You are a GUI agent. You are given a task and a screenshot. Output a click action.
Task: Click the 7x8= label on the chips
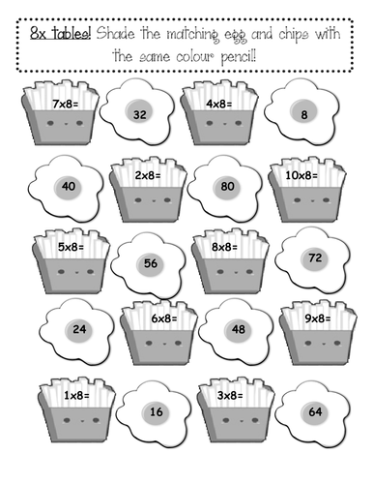[66, 104]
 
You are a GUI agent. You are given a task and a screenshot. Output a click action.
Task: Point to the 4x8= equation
[219, 104]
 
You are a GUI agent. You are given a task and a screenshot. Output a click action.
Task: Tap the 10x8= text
[301, 175]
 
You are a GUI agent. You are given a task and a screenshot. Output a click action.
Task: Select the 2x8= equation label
[148, 175]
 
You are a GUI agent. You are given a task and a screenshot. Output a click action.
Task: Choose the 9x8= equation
[318, 318]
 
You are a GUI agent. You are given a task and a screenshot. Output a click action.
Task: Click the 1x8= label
[76, 395]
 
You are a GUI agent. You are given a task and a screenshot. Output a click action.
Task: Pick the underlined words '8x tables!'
[61, 33]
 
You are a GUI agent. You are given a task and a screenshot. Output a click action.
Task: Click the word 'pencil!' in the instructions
[239, 57]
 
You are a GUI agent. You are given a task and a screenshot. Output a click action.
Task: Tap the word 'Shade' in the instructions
[115, 33]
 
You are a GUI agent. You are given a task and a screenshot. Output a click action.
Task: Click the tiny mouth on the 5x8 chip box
[76, 273]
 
